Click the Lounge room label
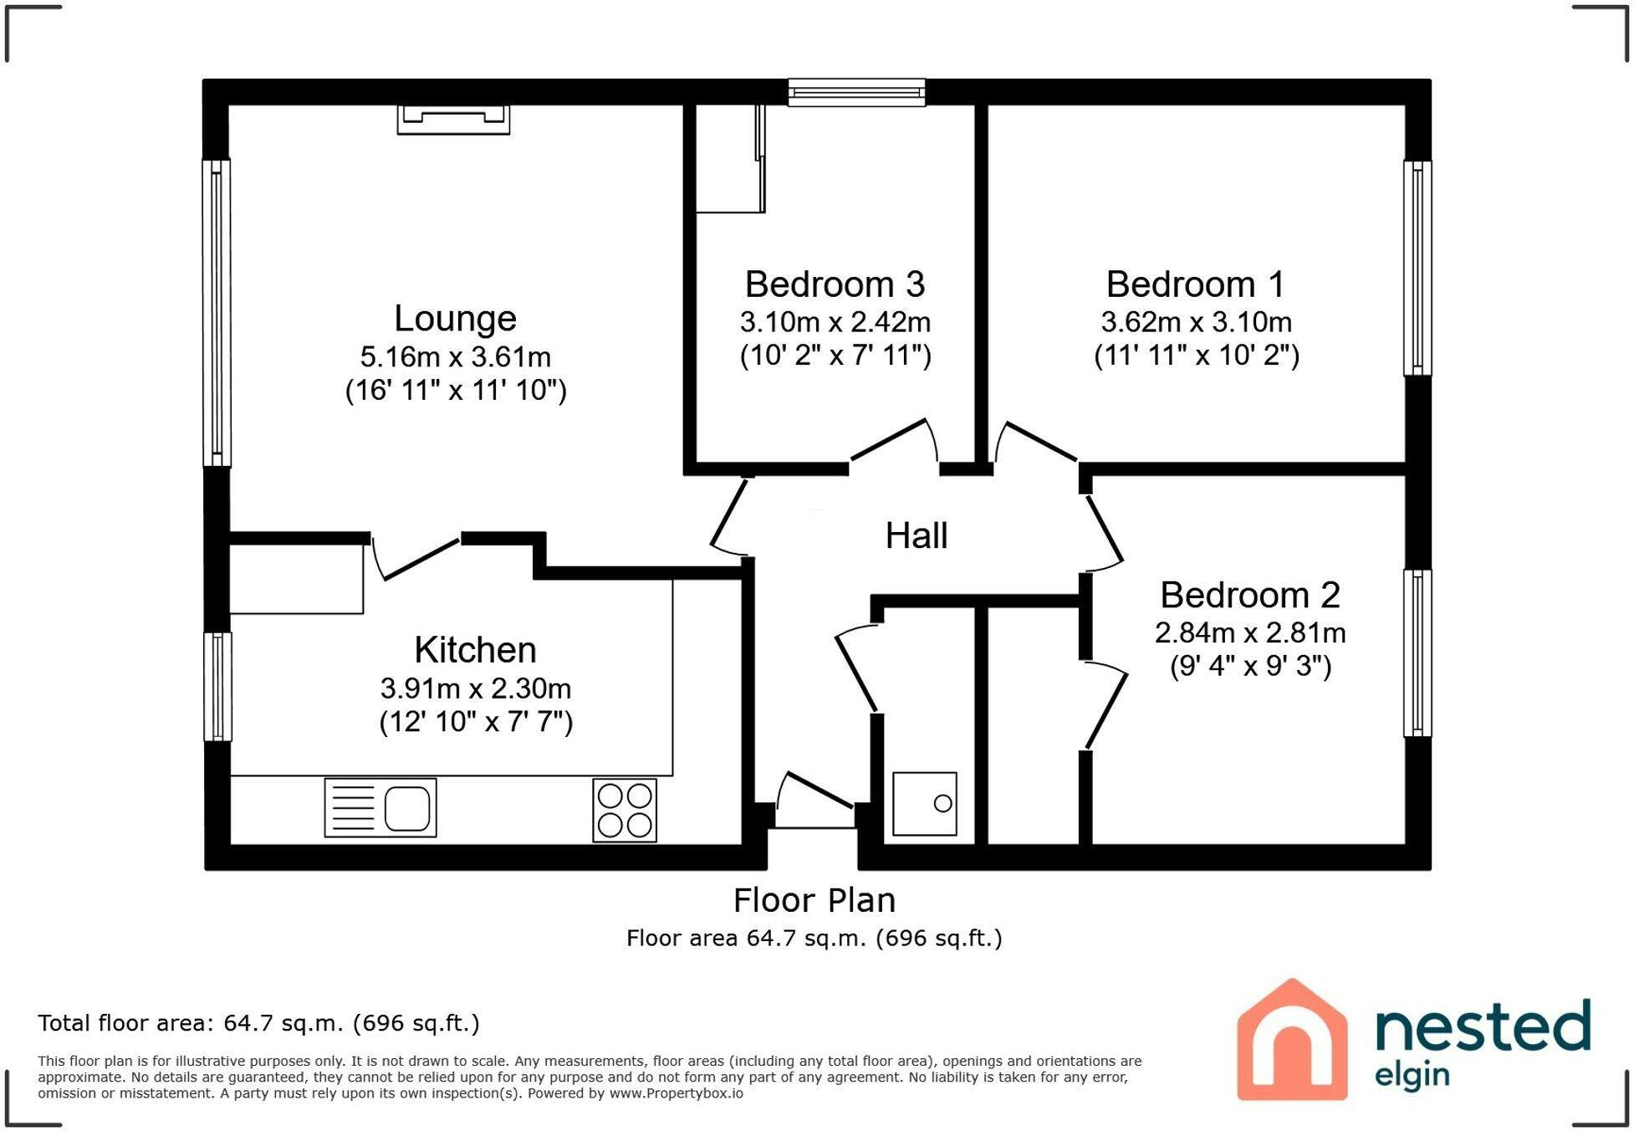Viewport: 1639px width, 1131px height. click(455, 319)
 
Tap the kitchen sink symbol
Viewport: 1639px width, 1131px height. click(380, 808)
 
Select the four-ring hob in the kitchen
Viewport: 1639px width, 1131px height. click(625, 810)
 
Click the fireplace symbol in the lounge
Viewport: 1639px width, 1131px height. click(453, 119)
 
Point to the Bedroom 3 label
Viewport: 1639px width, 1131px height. click(835, 284)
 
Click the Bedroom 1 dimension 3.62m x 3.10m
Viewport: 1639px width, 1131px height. click(1196, 322)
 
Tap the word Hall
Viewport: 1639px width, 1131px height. click(917, 535)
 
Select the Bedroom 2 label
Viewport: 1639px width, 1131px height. click(1250, 596)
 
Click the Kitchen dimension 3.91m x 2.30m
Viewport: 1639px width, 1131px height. click(476, 688)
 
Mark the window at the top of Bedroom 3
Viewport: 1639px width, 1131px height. click(856, 92)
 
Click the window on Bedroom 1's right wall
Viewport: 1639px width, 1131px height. click(1417, 268)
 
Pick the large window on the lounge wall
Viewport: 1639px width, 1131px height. click(217, 313)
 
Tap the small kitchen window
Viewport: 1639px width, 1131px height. click(217, 686)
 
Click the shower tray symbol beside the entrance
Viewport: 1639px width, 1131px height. click(924, 804)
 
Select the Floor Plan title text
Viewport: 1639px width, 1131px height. click(814, 901)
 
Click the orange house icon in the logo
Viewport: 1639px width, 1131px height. click(1292, 1039)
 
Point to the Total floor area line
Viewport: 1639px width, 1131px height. click(258, 1023)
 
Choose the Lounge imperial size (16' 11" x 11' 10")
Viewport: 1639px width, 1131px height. click(456, 391)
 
